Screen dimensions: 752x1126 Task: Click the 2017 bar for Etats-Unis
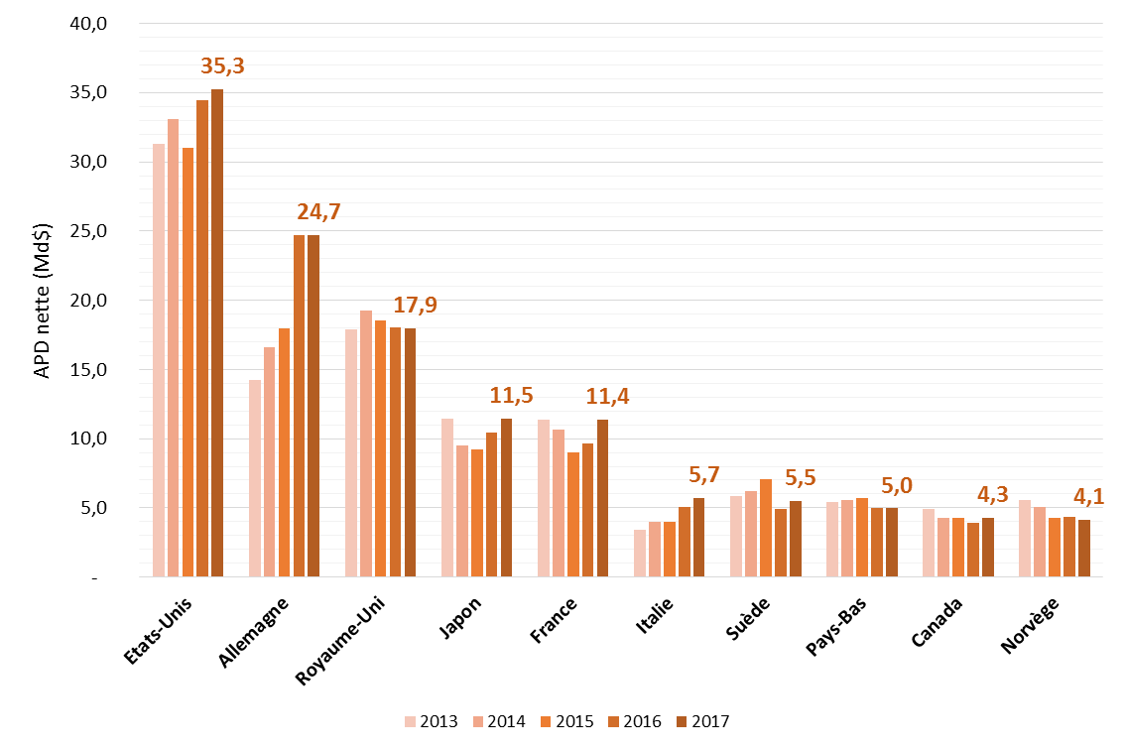[217, 332]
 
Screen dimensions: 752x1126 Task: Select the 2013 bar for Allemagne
[255, 477]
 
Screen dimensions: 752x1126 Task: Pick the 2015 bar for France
[573, 514]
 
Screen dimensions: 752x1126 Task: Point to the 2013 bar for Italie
[640, 553]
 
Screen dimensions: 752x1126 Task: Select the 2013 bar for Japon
[447, 497]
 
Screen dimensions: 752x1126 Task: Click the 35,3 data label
[222, 66]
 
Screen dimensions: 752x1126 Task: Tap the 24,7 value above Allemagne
[318, 211]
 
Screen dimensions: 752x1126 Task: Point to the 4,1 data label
[1090, 493]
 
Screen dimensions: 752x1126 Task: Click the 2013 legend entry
[431, 721]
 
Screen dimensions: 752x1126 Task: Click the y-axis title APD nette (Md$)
[43, 301]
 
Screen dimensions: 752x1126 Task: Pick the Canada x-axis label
[936, 622]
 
